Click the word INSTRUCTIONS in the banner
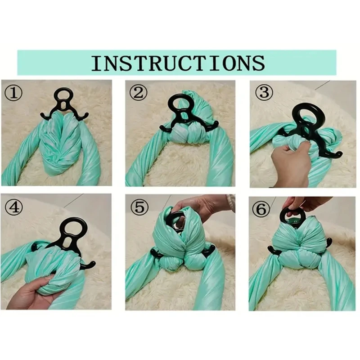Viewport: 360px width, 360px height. click(x=178, y=63)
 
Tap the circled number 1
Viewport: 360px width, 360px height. click(x=13, y=93)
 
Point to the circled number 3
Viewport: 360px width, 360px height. click(x=264, y=93)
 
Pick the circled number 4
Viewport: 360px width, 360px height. click(x=14, y=207)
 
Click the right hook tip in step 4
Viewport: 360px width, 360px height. click(x=94, y=262)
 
